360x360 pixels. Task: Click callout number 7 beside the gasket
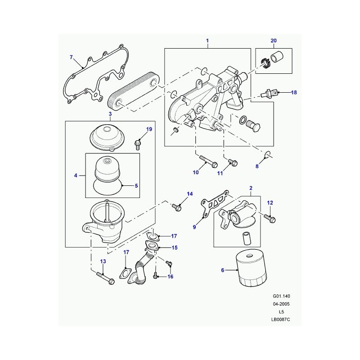[71, 57]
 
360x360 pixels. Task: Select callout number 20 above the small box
[274, 42]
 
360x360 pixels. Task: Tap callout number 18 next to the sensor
[294, 93]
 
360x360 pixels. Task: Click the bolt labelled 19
[138, 144]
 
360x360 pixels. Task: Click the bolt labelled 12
[272, 219]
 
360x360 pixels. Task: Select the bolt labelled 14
[177, 207]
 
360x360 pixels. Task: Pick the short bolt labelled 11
[232, 161]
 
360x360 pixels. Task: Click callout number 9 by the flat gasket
[194, 227]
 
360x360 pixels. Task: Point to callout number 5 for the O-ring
[137, 185]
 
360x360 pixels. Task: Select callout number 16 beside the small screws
[171, 276]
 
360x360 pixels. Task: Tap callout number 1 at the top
[207, 42]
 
